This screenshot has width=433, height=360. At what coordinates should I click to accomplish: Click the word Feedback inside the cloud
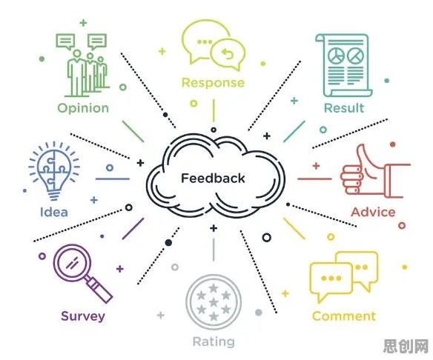213,179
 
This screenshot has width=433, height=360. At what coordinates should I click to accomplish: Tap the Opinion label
83,108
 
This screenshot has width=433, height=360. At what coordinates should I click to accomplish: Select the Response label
213,83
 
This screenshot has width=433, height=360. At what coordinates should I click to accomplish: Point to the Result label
344,108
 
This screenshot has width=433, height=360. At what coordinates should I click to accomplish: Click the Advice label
373,212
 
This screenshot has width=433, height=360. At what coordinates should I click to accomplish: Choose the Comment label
344,316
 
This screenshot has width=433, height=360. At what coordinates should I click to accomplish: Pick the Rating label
214,342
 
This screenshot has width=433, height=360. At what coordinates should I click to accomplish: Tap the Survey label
83,316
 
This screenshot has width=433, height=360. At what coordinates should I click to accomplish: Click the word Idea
54,212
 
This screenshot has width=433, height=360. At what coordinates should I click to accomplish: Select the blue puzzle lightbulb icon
54,171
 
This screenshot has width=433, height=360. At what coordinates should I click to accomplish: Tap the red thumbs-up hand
376,171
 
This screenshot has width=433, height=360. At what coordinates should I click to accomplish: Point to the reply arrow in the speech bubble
228,53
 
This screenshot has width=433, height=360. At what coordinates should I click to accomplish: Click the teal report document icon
344,65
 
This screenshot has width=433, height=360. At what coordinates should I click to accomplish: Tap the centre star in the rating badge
214,302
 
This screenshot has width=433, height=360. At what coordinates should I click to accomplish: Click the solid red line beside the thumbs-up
314,179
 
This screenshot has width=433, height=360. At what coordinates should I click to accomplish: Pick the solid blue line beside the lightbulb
113,179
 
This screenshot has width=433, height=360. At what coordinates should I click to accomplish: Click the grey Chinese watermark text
406,346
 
